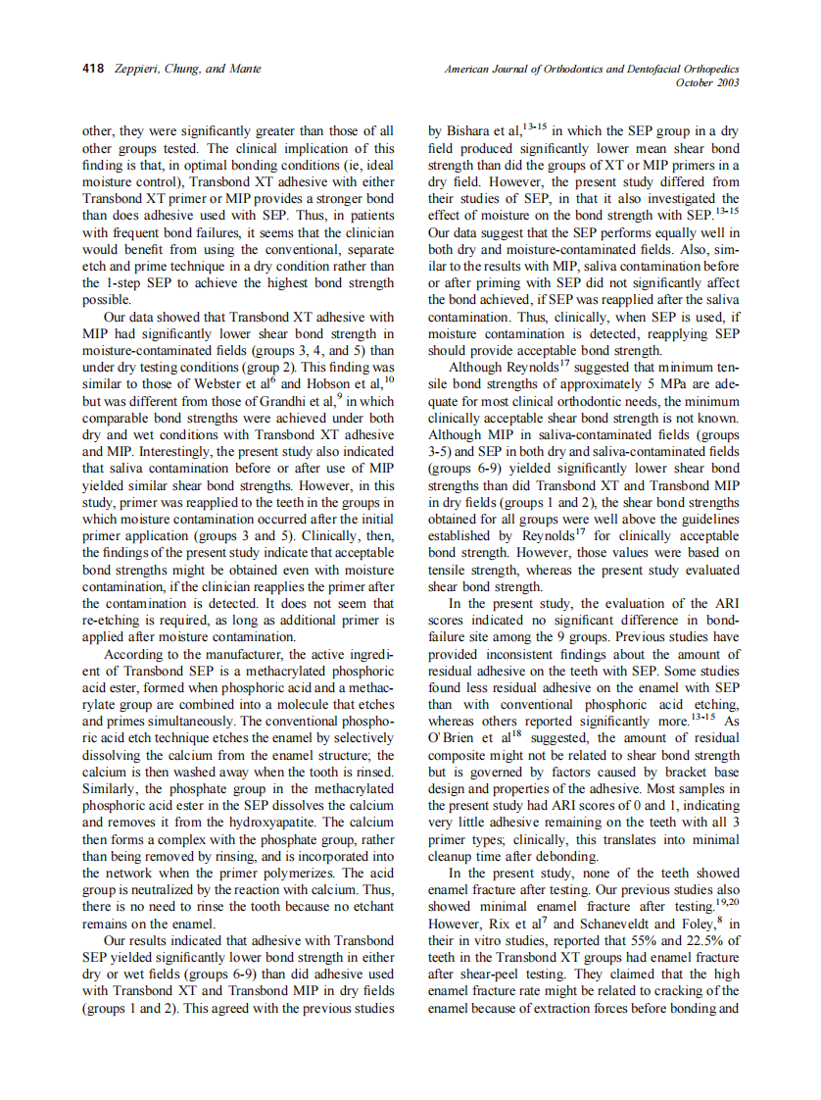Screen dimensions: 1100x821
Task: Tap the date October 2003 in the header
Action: point(707,82)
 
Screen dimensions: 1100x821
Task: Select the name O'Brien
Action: point(453,738)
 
